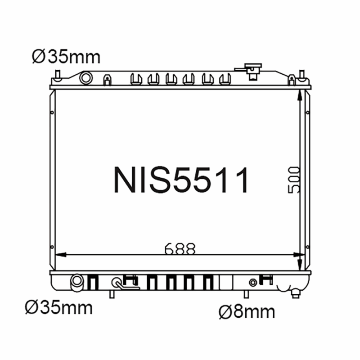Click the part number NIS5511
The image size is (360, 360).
click(181, 180)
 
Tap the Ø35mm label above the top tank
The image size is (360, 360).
click(66, 57)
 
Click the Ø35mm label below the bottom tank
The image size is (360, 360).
click(59, 308)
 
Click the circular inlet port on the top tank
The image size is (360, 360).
click(85, 78)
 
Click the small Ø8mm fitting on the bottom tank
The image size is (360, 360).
click(253, 283)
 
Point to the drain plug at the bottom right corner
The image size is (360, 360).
click(296, 293)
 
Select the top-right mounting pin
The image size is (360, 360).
click(301, 74)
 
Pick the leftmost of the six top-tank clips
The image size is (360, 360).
click(135, 79)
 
